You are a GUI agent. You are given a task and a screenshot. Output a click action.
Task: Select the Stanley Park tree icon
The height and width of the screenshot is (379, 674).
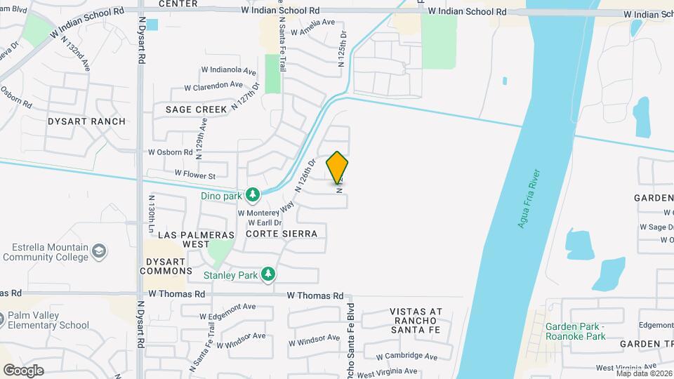[267, 274]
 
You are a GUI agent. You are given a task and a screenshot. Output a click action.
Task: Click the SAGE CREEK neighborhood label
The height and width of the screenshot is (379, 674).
[197, 109]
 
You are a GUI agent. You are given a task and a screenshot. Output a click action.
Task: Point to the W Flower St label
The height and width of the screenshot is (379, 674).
[195, 174]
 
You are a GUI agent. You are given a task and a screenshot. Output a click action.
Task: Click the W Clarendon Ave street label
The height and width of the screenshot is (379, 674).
[213, 86]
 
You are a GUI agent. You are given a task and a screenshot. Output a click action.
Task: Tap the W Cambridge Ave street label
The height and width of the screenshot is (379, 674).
[407, 357]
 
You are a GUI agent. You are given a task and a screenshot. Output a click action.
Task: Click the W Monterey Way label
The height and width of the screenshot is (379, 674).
[266, 211]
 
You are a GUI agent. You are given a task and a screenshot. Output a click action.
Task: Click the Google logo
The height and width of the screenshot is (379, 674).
[24, 370]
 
